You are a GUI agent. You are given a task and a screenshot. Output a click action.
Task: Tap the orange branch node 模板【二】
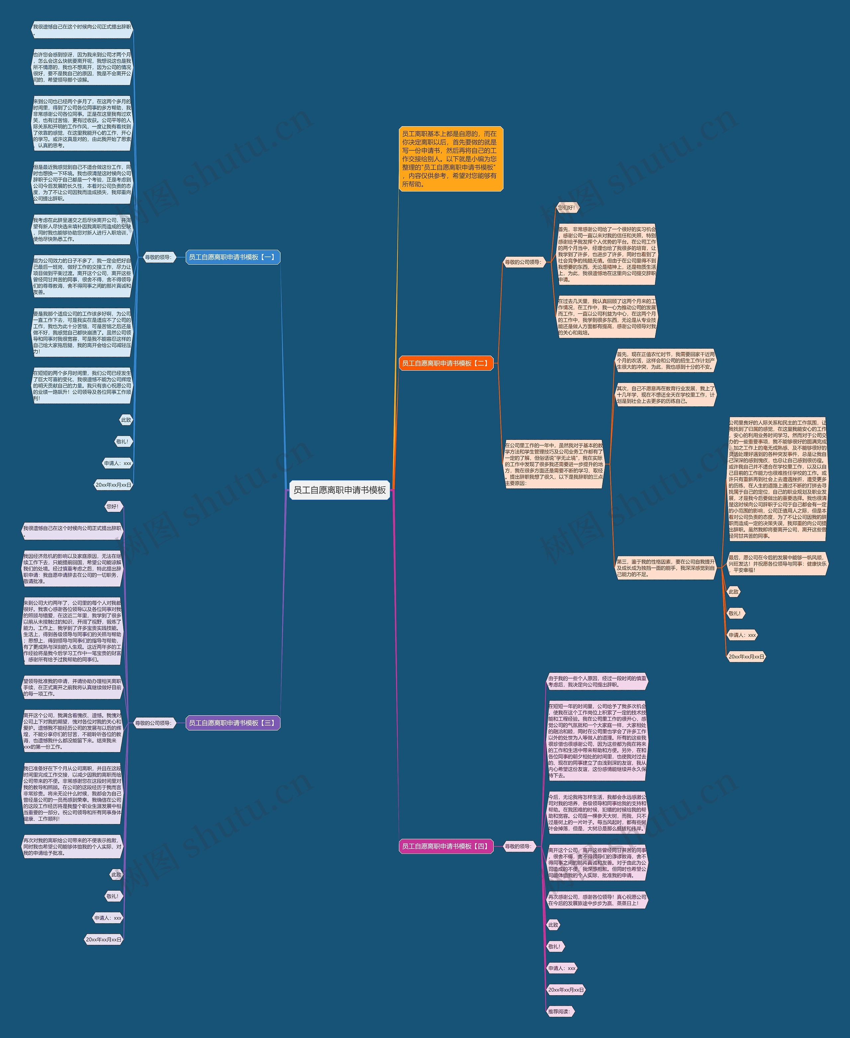[446, 363]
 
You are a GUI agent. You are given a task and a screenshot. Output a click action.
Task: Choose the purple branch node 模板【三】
[232, 723]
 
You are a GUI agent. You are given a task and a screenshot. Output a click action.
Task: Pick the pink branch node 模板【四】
[446, 846]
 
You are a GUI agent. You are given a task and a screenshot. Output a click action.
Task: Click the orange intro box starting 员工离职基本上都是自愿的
[451, 159]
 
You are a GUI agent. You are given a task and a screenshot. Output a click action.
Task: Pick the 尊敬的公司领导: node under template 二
[523, 262]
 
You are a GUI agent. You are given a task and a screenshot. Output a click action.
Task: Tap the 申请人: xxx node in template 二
[742, 635]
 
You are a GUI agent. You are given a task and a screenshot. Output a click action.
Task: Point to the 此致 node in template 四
[553, 925]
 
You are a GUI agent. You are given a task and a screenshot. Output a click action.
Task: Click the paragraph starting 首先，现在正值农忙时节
[665, 361]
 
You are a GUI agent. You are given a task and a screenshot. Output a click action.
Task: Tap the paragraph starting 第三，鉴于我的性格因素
[665, 568]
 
